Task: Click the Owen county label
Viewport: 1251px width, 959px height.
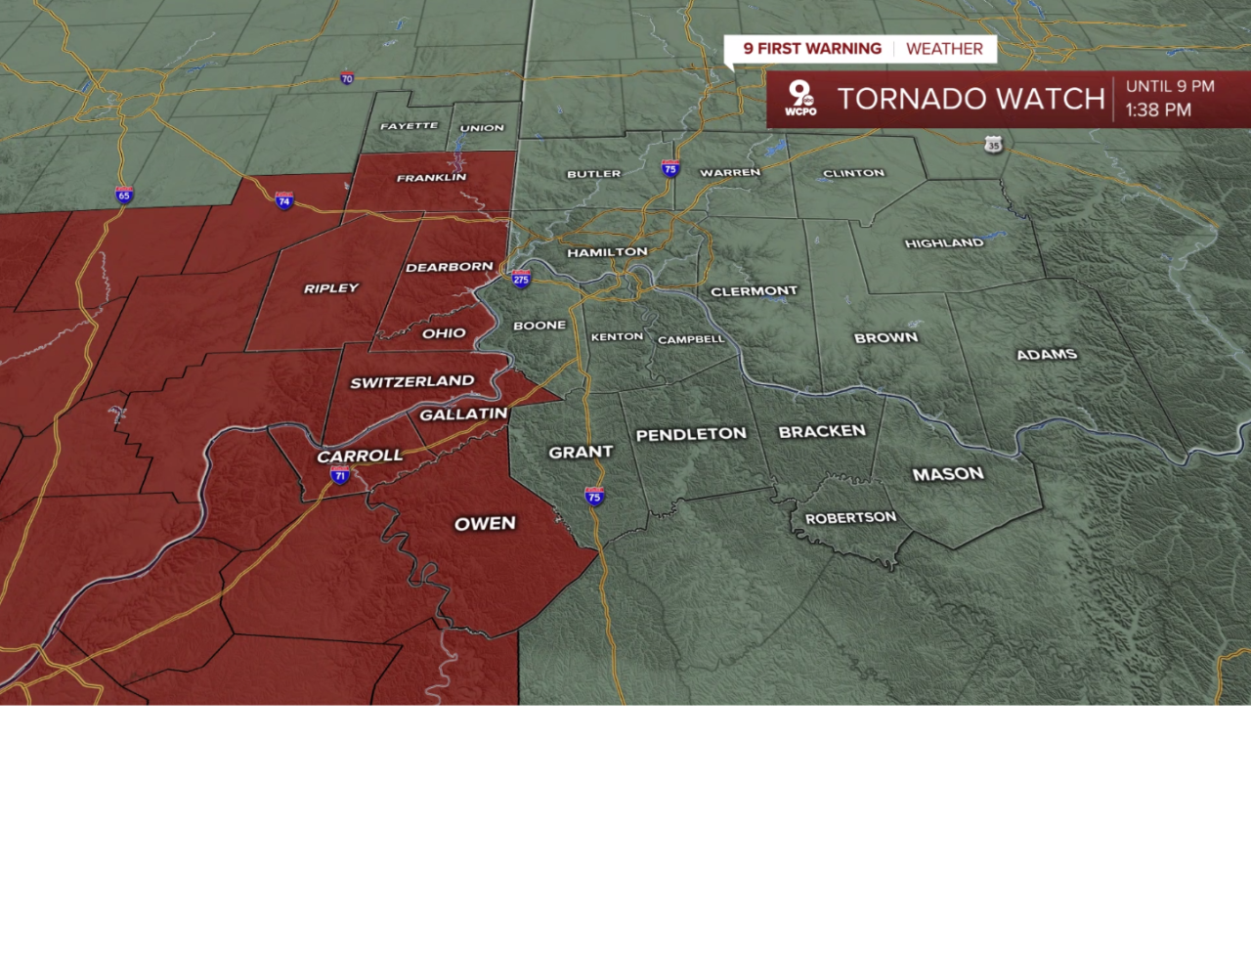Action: [485, 524]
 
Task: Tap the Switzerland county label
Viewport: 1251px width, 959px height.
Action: [411, 381]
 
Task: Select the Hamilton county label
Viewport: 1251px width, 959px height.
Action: [607, 252]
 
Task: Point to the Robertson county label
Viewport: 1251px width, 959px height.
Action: [850, 517]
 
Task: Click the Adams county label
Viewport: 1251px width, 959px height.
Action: [1047, 354]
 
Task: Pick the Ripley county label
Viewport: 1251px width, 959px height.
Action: [331, 288]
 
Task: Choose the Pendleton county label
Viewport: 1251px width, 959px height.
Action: [691, 434]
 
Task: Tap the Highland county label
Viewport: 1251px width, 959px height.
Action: [944, 242]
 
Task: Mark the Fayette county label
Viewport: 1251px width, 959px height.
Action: [409, 126]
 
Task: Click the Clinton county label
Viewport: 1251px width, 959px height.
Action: [853, 173]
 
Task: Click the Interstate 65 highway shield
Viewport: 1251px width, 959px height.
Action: [123, 195]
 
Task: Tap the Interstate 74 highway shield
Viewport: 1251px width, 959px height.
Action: [284, 200]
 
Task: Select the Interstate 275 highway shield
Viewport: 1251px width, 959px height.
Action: [521, 279]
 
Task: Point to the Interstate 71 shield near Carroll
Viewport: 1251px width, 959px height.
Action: [340, 475]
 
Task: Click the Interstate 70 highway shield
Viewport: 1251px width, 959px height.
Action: [347, 78]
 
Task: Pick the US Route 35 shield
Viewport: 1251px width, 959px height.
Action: [993, 145]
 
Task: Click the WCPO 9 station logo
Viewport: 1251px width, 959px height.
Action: [800, 99]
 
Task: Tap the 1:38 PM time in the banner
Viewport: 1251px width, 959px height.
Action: [1158, 110]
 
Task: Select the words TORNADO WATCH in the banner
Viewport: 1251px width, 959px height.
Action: [971, 99]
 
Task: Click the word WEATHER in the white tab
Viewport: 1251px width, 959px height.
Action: [944, 49]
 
